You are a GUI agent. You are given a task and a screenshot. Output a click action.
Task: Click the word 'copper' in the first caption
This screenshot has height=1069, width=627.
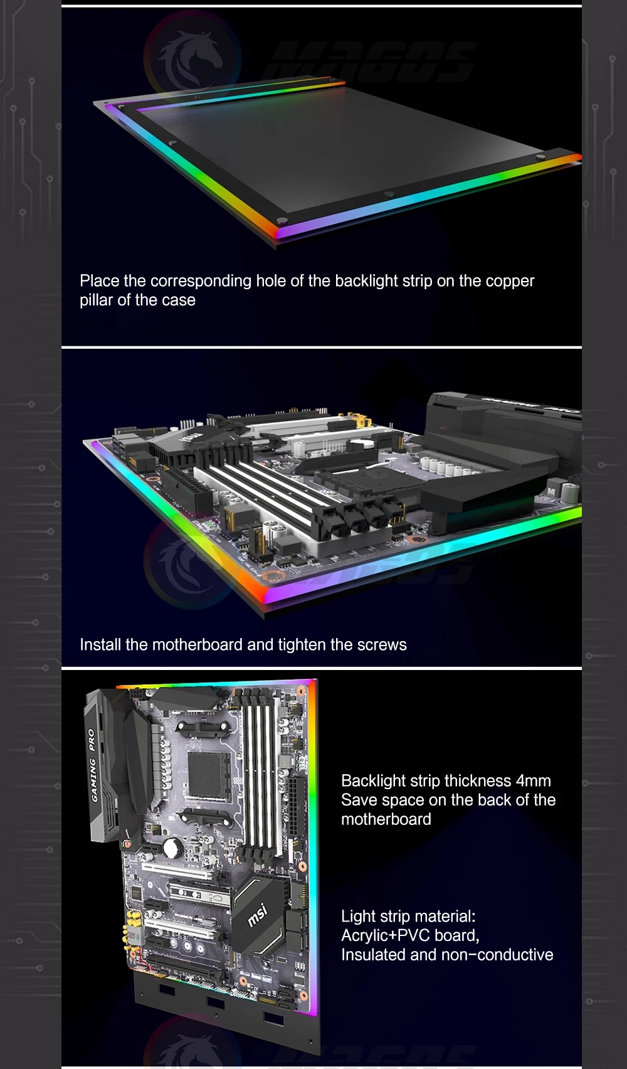tap(510, 281)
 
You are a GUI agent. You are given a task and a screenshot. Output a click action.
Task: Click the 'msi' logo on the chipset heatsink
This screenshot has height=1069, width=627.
tap(257, 915)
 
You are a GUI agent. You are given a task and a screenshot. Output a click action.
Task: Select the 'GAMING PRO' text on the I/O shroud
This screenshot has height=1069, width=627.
tap(93, 765)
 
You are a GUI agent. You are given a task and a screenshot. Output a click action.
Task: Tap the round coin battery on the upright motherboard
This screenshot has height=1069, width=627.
tap(172, 848)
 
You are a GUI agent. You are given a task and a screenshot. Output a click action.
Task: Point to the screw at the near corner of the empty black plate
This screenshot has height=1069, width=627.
tap(282, 220)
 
